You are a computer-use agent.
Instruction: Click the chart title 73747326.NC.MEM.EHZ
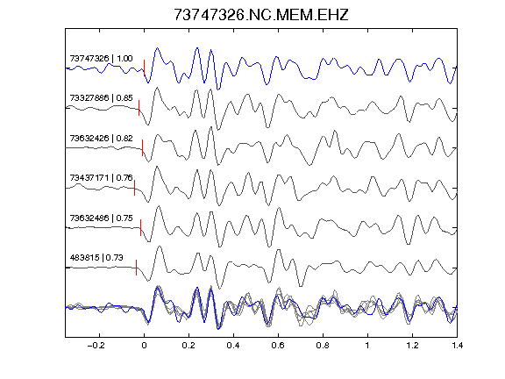click(261, 15)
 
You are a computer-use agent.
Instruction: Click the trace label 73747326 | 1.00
click(101, 58)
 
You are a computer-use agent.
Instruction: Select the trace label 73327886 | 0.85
click(101, 98)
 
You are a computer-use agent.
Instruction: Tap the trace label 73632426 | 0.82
click(101, 139)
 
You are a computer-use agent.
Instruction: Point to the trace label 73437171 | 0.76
click(101, 178)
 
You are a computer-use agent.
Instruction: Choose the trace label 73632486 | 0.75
click(101, 218)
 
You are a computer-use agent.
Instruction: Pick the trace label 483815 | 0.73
click(96, 258)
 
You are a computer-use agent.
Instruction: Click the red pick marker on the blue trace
click(144, 68)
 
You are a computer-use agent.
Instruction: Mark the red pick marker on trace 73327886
click(139, 108)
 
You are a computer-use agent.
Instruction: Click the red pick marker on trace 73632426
click(142, 147)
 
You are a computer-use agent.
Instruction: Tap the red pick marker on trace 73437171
click(135, 188)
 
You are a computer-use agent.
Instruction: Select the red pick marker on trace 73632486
click(141, 227)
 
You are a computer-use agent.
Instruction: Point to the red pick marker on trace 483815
click(137, 268)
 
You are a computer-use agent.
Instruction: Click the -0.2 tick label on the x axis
click(96, 346)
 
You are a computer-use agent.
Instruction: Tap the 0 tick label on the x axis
click(144, 346)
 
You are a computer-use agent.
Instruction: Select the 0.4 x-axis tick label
click(233, 346)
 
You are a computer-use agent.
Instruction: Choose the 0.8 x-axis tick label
click(323, 346)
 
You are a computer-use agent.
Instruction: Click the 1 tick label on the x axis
click(367, 346)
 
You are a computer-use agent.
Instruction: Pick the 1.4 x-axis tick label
click(457, 346)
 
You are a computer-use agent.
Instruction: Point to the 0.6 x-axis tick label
click(278, 346)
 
